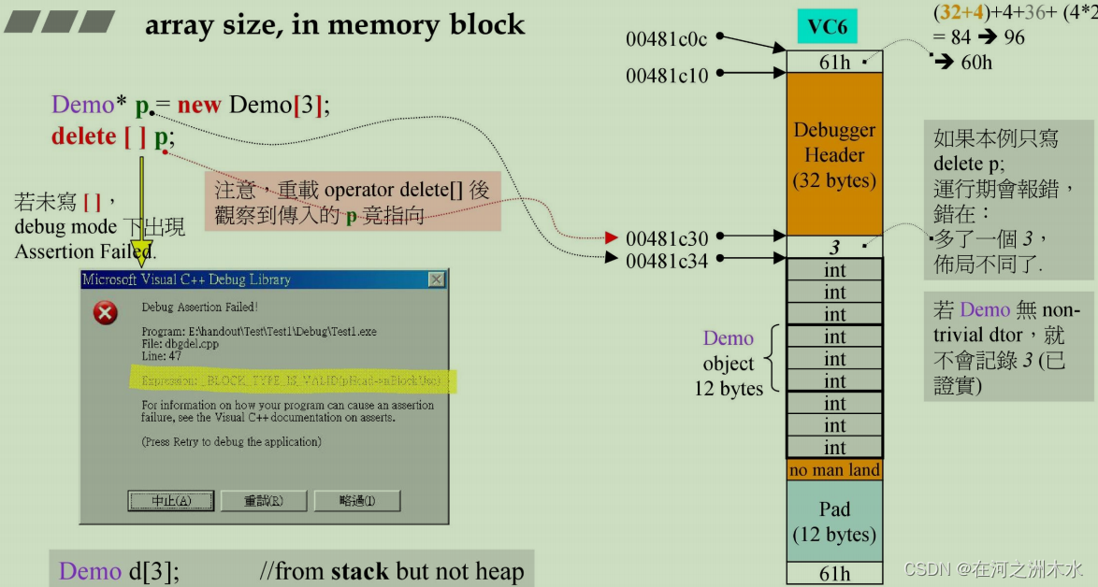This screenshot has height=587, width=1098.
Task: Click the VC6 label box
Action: [x=827, y=26]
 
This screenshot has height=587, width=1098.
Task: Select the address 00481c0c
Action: [x=667, y=39]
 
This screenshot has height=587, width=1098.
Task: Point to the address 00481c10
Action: [x=667, y=76]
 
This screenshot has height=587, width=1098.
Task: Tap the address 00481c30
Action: [x=667, y=238]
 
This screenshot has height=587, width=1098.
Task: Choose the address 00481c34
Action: [x=667, y=260]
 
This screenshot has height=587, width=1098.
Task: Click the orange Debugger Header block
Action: [x=834, y=154]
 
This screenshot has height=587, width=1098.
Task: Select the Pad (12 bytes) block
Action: [x=834, y=522]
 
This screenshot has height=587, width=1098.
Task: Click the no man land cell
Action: [x=834, y=470]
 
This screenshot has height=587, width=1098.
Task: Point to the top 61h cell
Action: [x=834, y=62]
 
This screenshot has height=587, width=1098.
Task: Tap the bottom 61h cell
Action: [x=834, y=573]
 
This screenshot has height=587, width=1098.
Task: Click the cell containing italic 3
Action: [x=834, y=248]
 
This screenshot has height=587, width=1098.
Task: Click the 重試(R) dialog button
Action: [x=263, y=501]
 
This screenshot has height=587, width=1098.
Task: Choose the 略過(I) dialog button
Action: [x=356, y=501]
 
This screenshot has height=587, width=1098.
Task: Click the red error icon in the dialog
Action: [x=106, y=313]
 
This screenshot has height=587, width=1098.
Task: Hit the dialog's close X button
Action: [x=436, y=279]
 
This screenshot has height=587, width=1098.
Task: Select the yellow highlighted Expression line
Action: [x=291, y=380]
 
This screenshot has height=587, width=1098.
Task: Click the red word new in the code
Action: [x=198, y=105]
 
